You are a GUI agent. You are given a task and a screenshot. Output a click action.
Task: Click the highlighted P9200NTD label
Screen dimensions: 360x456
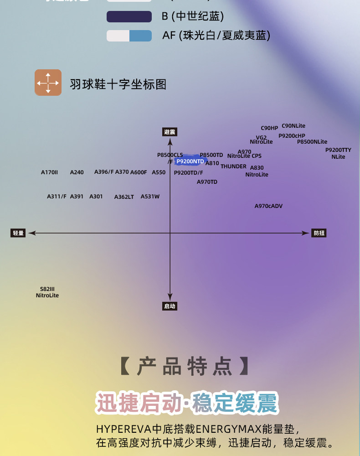(x=190, y=161)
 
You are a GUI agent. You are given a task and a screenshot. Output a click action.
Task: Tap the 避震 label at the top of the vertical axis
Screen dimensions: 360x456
(x=170, y=132)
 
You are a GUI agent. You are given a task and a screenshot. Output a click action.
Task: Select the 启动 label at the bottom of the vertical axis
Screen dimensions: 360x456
(x=170, y=306)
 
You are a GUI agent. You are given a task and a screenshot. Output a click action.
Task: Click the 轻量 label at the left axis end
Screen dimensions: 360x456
(x=18, y=233)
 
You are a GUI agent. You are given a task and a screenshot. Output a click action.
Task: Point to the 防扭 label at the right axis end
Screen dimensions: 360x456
(x=319, y=233)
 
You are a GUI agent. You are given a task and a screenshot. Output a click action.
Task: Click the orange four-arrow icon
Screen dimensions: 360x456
(x=48, y=83)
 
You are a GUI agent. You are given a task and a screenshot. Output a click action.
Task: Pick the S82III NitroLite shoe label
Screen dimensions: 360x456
(x=47, y=292)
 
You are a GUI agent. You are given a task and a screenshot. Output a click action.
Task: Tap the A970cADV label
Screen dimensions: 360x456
(x=268, y=206)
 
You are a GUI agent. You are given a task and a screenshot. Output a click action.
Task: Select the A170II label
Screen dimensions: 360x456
(x=50, y=172)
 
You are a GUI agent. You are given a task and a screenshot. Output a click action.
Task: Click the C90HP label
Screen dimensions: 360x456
(x=269, y=128)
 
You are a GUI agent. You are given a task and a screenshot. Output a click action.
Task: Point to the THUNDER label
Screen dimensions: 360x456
(x=233, y=166)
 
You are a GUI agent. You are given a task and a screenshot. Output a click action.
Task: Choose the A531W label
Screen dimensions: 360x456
(x=150, y=197)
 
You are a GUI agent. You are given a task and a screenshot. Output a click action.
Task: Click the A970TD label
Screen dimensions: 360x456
(x=207, y=182)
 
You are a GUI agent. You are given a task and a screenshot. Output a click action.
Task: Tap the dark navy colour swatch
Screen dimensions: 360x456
(x=129, y=17)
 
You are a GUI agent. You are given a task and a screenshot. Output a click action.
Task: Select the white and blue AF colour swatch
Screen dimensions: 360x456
(x=129, y=36)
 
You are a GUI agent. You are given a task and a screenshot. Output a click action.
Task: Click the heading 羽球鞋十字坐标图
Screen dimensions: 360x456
(x=118, y=84)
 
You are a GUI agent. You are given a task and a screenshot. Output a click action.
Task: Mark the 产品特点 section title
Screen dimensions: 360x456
(x=185, y=367)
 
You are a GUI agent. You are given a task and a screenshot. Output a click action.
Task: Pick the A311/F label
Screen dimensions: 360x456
(x=57, y=197)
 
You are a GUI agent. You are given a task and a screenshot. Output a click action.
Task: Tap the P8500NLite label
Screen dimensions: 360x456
(x=312, y=142)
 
